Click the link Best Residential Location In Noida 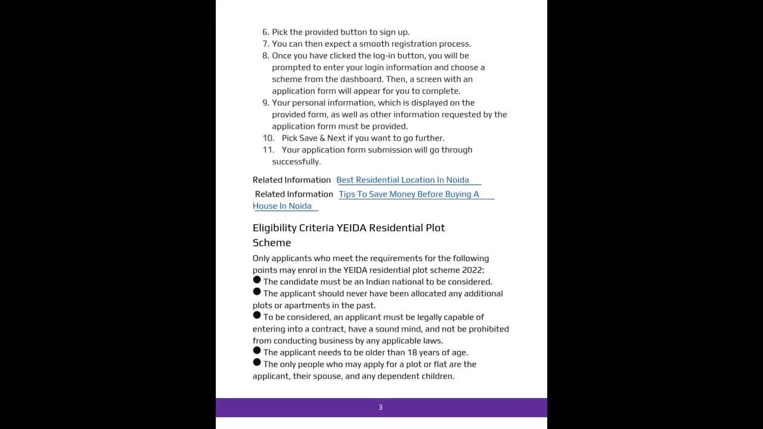pyautogui.click(x=402, y=180)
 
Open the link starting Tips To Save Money pyautogui.click(x=408, y=194)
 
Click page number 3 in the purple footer pyautogui.click(x=380, y=408)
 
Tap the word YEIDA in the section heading pyautogui.click(x=351, y=228)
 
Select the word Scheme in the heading pyautogui.click(x=272, y=243)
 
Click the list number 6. pyautogui.click(x=265, y=32)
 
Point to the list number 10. pyautogui.click(x=268, y=138)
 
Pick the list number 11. pyautogui.click(x=268, y=150)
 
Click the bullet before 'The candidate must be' pyautogui.click(x=257, y=280)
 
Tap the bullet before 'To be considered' pyautogui.click(x=257, y=315)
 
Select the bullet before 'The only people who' pyautogui.click(x=257, y=362)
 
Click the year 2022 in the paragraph pyautogui.click(x=472, y=270)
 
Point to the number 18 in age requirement pyautogui.click(x=412, y=353)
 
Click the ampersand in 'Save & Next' pyautogui.click(x=322, y=138)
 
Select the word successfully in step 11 pyautogui.click(x=296, y=162)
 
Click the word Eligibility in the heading pyautogui.click(x=274, y=228)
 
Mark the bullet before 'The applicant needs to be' pyautogui.click(x=257, y=350)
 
